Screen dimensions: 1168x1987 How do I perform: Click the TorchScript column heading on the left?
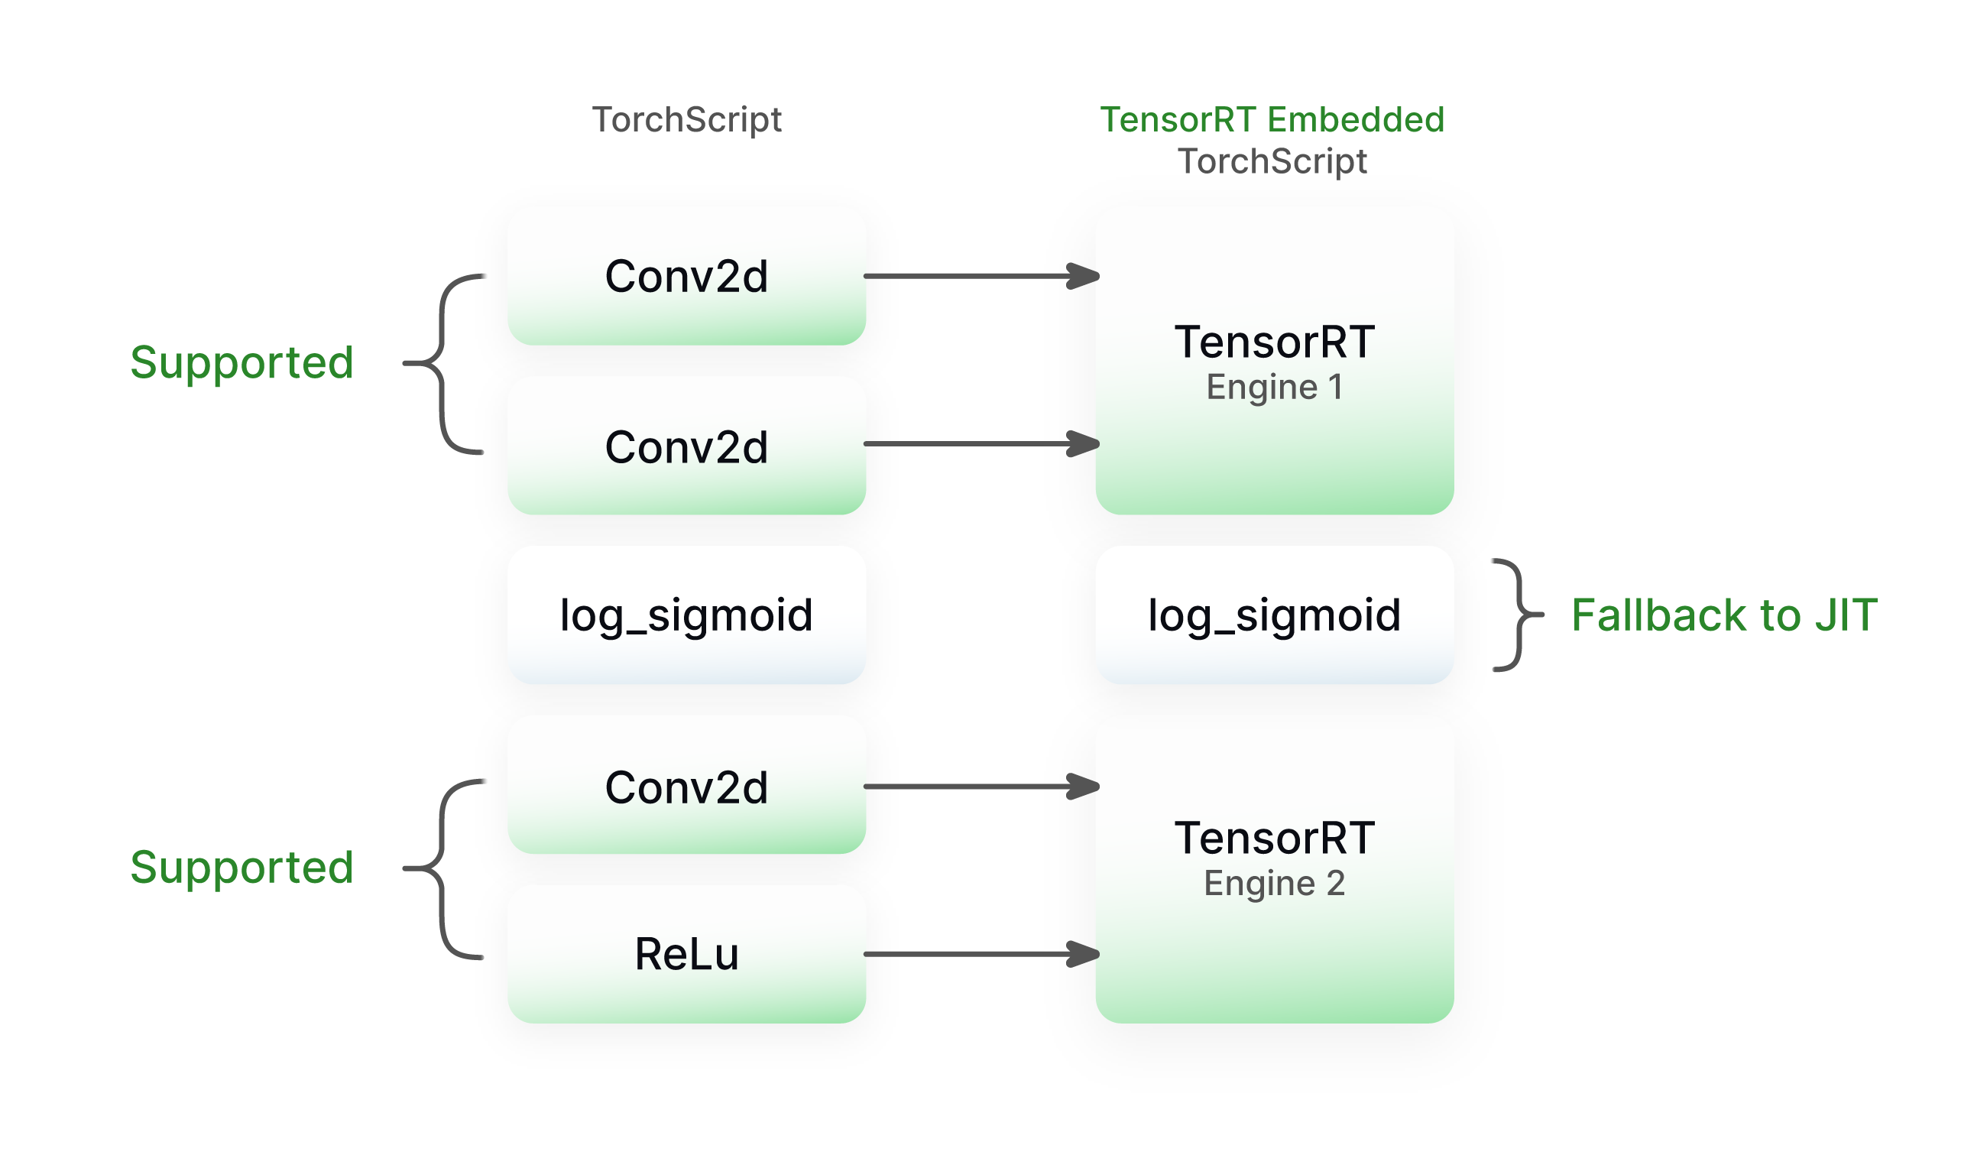point(686,120)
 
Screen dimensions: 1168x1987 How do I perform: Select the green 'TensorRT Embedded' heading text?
point(1272,120)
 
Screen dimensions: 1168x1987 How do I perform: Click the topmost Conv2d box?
point(686,276)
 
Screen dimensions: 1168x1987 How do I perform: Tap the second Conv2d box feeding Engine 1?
point(686,446)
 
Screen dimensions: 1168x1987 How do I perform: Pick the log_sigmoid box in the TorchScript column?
point(686,615)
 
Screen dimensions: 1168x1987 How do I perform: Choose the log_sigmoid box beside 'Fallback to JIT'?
point(1274,615)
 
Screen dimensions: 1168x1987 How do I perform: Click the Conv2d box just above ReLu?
point(686,787)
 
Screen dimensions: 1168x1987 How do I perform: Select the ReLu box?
point(686,954)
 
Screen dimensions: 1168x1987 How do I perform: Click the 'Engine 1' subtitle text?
point(1274,388)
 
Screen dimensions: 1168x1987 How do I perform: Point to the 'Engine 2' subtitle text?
point(1274,884)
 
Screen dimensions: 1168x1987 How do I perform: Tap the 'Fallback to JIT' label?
point(1723,615)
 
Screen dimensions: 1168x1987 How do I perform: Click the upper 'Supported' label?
point(241,363)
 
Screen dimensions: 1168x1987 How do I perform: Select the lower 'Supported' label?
point(241,868)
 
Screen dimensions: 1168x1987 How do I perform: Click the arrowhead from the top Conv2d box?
point(1084,276)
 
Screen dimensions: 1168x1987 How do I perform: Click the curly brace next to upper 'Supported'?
point(442,364)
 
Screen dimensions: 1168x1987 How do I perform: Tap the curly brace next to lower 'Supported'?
point(442,868)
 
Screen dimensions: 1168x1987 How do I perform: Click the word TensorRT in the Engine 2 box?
point(1274,838)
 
